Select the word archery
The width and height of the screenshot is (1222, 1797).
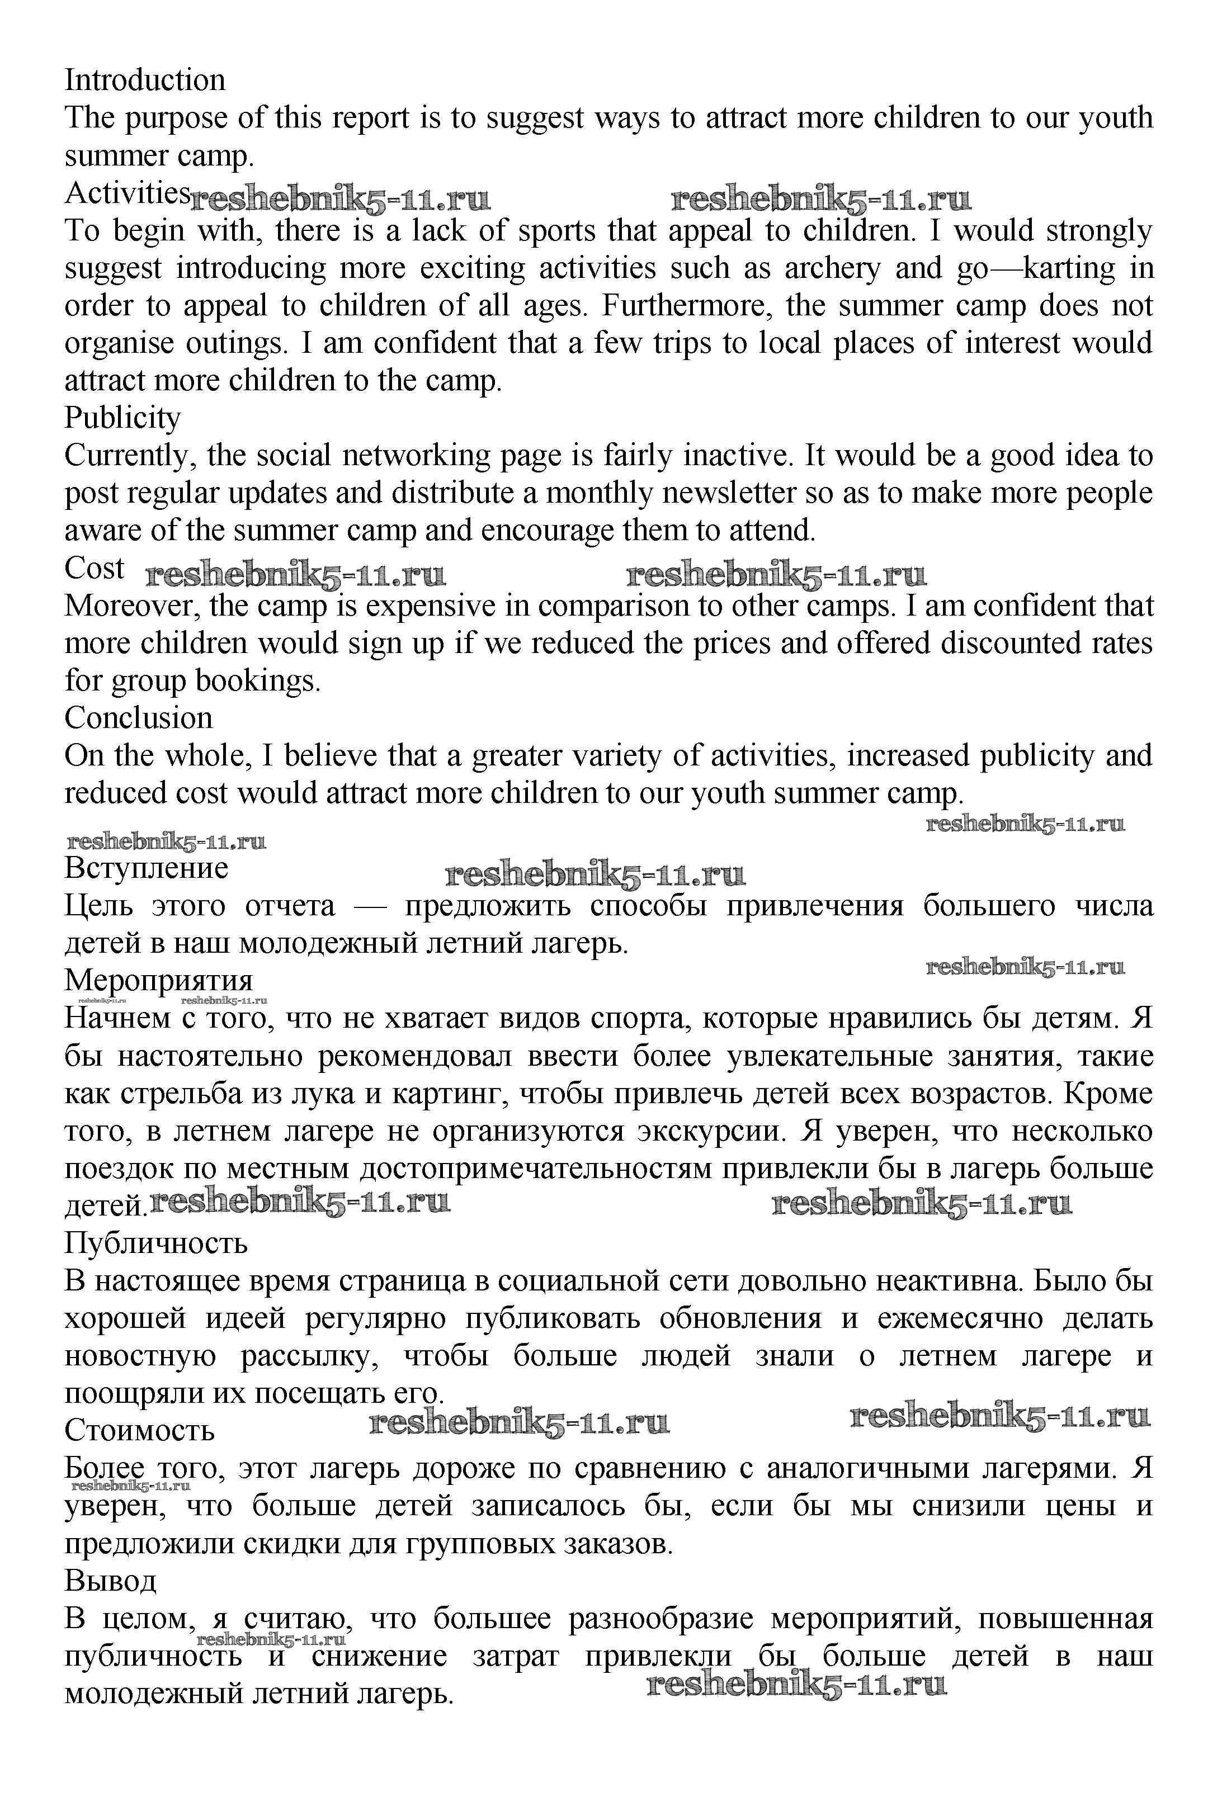pyautogui.click(x=832, y=268)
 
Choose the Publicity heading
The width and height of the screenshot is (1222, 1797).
pyautogui.click(x=122, y=418)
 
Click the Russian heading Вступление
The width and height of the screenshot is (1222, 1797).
pyautogui.click(x=146, y=868)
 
